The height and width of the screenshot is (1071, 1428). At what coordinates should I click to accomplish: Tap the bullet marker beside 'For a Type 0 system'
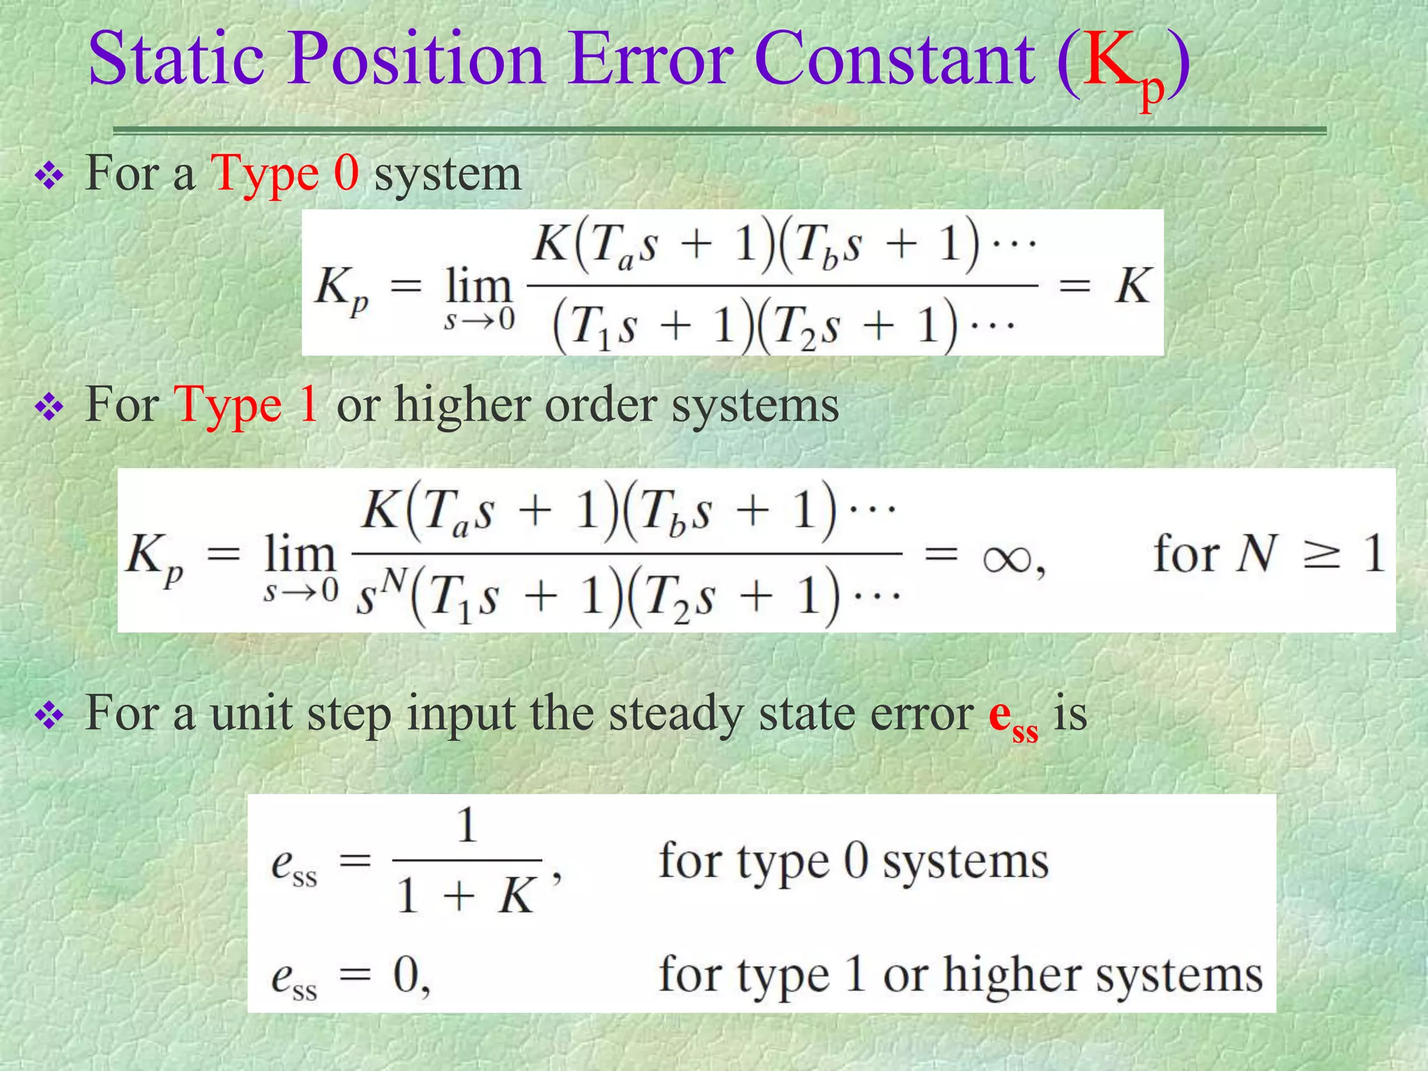point(50,176)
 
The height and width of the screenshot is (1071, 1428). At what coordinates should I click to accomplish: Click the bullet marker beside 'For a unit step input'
point(50,716)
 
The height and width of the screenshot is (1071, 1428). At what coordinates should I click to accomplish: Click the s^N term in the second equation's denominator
point(380,594)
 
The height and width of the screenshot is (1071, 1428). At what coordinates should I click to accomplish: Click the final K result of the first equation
point(1132,285)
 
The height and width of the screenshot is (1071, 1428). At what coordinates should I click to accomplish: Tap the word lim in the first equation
point(478,286)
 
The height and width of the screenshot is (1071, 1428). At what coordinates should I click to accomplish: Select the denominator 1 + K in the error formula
point(465,895)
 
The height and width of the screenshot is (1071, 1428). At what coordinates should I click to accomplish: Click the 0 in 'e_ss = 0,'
point(406,975)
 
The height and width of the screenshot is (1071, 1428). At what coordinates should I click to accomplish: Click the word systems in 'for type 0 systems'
point(966,863)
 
